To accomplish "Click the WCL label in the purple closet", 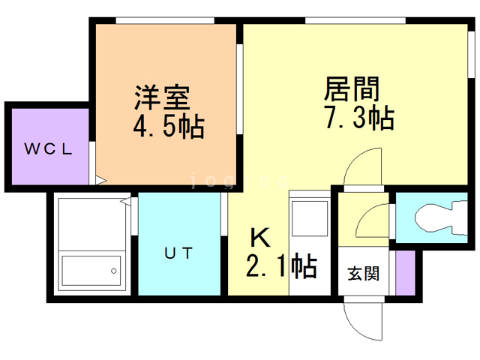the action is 48,148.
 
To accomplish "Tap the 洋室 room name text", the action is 162,97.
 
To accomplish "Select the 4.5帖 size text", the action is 169,126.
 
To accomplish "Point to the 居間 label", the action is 352,88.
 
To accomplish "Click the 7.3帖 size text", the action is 359,117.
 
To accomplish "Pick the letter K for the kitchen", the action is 260,238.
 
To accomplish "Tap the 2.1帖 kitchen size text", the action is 282,265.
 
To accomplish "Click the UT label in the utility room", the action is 178,253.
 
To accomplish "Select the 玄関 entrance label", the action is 363,274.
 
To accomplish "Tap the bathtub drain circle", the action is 114,271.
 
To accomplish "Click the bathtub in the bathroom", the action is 91,271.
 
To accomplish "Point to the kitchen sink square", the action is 310,218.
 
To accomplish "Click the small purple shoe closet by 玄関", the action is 405,273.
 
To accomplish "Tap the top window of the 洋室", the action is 165,21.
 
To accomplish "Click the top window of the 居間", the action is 355,21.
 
